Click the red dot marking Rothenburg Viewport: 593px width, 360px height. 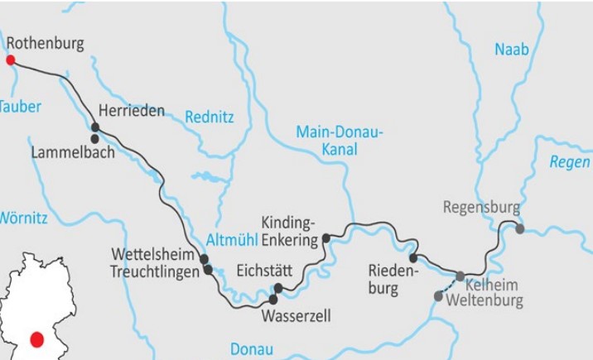10,60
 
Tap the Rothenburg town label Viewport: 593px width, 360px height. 45,43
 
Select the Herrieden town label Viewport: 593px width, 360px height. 131,110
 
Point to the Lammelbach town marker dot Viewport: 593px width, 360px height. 95,139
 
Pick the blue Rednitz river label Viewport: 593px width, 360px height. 209,118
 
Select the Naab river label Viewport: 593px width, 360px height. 511,50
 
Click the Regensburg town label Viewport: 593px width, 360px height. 480,207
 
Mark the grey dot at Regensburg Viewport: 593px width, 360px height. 519,228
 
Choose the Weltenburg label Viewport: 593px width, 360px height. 485,300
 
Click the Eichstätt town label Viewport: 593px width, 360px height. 266,269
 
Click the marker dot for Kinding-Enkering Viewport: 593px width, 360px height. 326,238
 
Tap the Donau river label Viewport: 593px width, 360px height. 251,348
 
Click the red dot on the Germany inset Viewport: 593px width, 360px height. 36,339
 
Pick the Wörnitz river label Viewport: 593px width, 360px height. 23,218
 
